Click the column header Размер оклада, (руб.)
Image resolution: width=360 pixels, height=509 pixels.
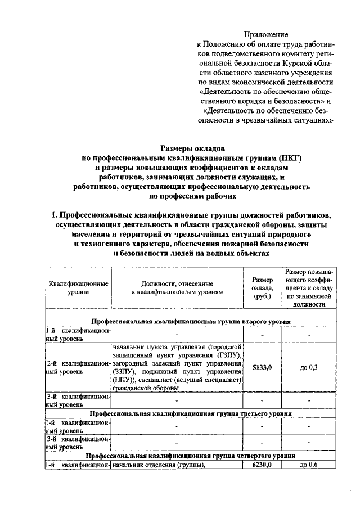[x=262, y=287]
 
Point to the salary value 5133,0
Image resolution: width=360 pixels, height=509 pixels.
[x=262, y=367]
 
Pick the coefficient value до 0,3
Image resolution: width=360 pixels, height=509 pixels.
[x=309, y=367]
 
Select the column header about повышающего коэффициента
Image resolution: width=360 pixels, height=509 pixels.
[x=309, y=287]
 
